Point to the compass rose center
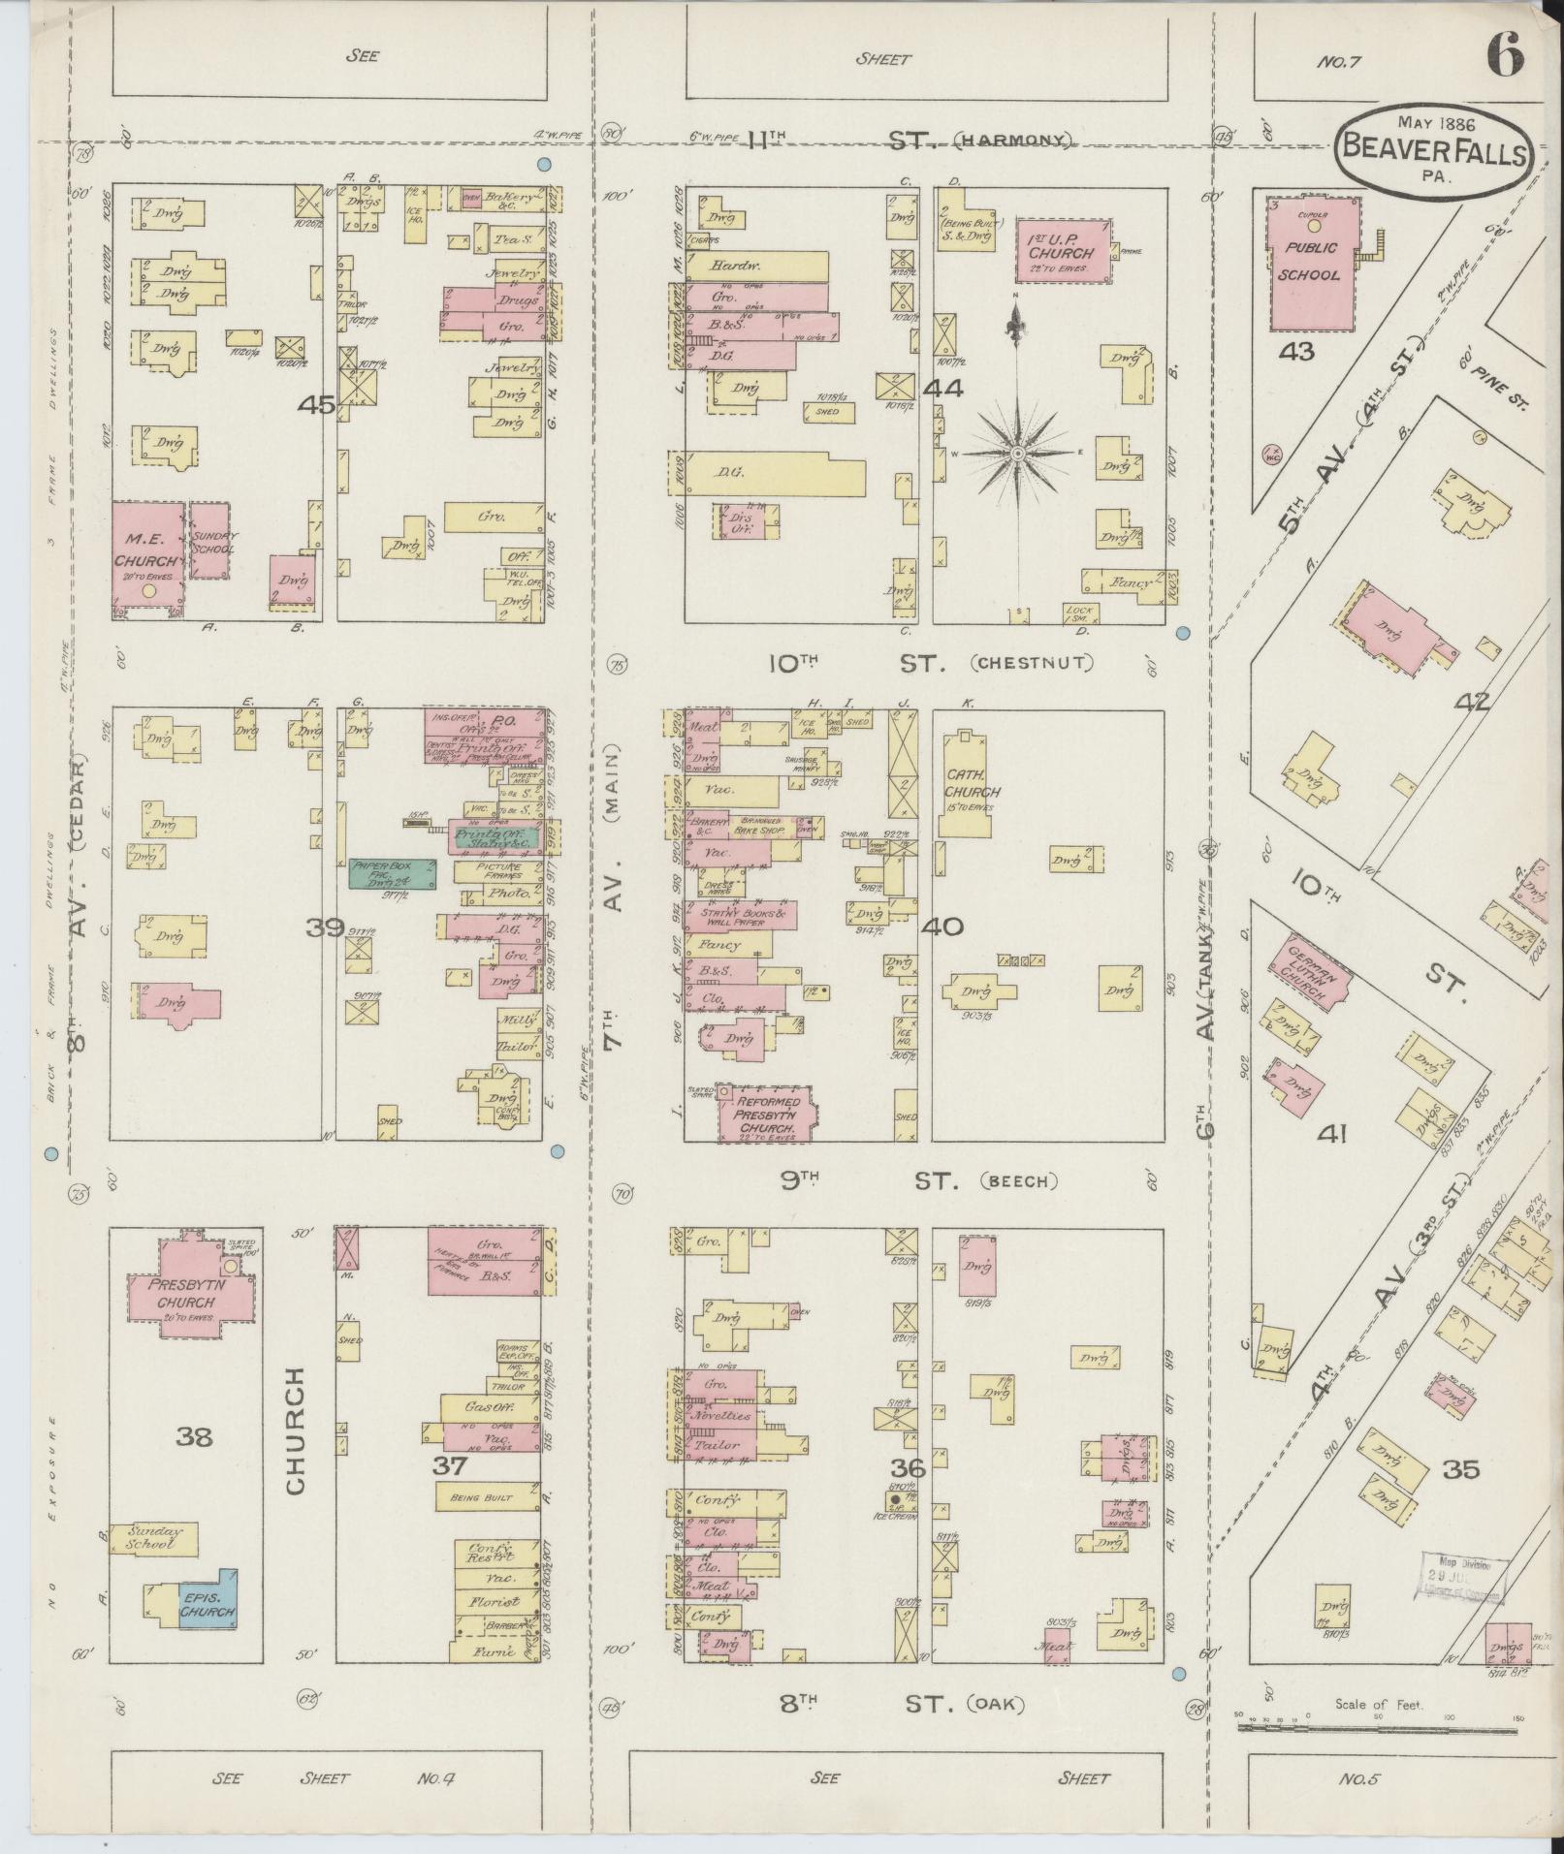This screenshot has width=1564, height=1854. pyautogui.click(x=1018, y=453)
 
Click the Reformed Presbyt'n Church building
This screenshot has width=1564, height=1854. pyautogui.click(x=767, y=1113)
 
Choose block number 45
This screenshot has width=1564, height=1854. pyautogui.click(x=317, y=405)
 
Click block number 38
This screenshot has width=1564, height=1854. pyautogui.click(x=194, y=1436)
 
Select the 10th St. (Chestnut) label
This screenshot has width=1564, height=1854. pyautogui.click(x=931, y=664)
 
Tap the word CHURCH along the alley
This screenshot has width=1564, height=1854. pyautogui.click(x=296, y=1430)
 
